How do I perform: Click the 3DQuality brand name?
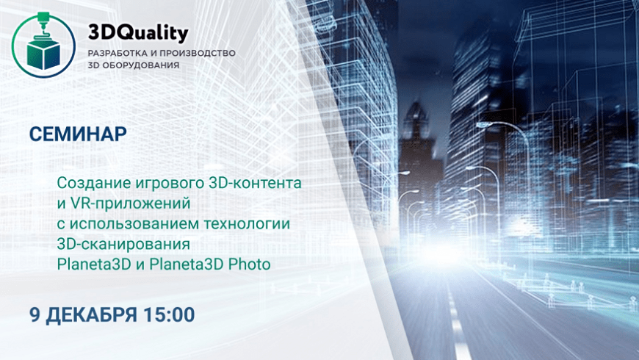click(138, 33)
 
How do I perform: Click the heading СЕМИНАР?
click(78, 134)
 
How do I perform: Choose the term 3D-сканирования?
click(123, 244)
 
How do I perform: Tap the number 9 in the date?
click(35, 314)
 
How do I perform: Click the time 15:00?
click(169, 314)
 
